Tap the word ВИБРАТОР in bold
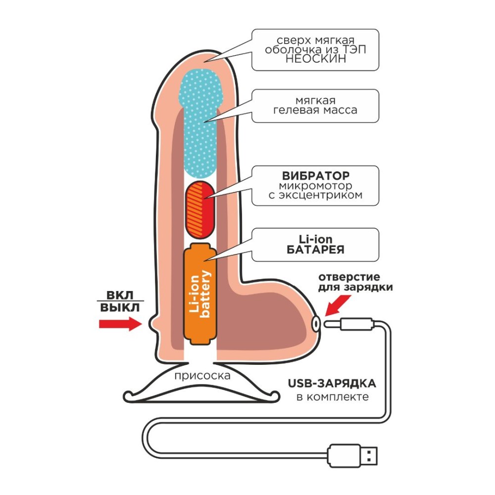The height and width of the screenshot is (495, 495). point(315,176)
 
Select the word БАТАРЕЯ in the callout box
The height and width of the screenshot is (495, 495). point(315,249)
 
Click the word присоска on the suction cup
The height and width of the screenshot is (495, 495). point(202,376)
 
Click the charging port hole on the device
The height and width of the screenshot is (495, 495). point(315,324)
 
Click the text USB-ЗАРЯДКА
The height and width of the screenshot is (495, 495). point(331,384)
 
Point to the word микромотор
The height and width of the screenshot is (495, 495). point(315,186)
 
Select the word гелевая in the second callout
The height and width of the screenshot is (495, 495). point(296,110)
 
